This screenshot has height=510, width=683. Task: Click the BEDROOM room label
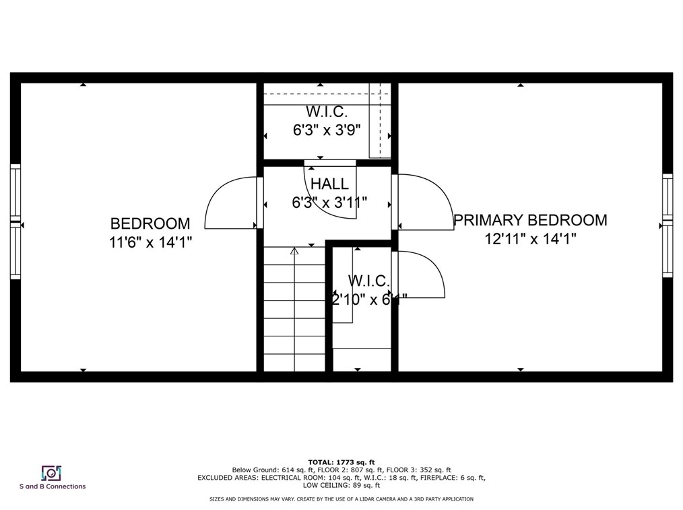tap(150, 223)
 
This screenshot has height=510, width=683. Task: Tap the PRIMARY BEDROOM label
tap(530, 220)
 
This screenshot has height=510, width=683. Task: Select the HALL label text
tap(329, 184)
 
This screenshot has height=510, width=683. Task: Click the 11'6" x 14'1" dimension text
tap(151, 242)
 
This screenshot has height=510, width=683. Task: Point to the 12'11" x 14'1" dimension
tap(530, 239)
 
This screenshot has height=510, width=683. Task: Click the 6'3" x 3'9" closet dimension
tap(327, 131)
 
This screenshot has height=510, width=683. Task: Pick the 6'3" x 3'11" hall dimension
tap(329, 203)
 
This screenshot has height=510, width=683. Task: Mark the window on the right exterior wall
tap(667, 225)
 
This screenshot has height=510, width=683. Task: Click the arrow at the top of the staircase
tap(294, 251)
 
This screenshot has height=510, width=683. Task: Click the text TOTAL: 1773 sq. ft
tap(341, 462)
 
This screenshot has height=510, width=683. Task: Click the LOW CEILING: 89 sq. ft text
tap(341, 485)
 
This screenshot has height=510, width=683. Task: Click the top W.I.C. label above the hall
tap(327, 112)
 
